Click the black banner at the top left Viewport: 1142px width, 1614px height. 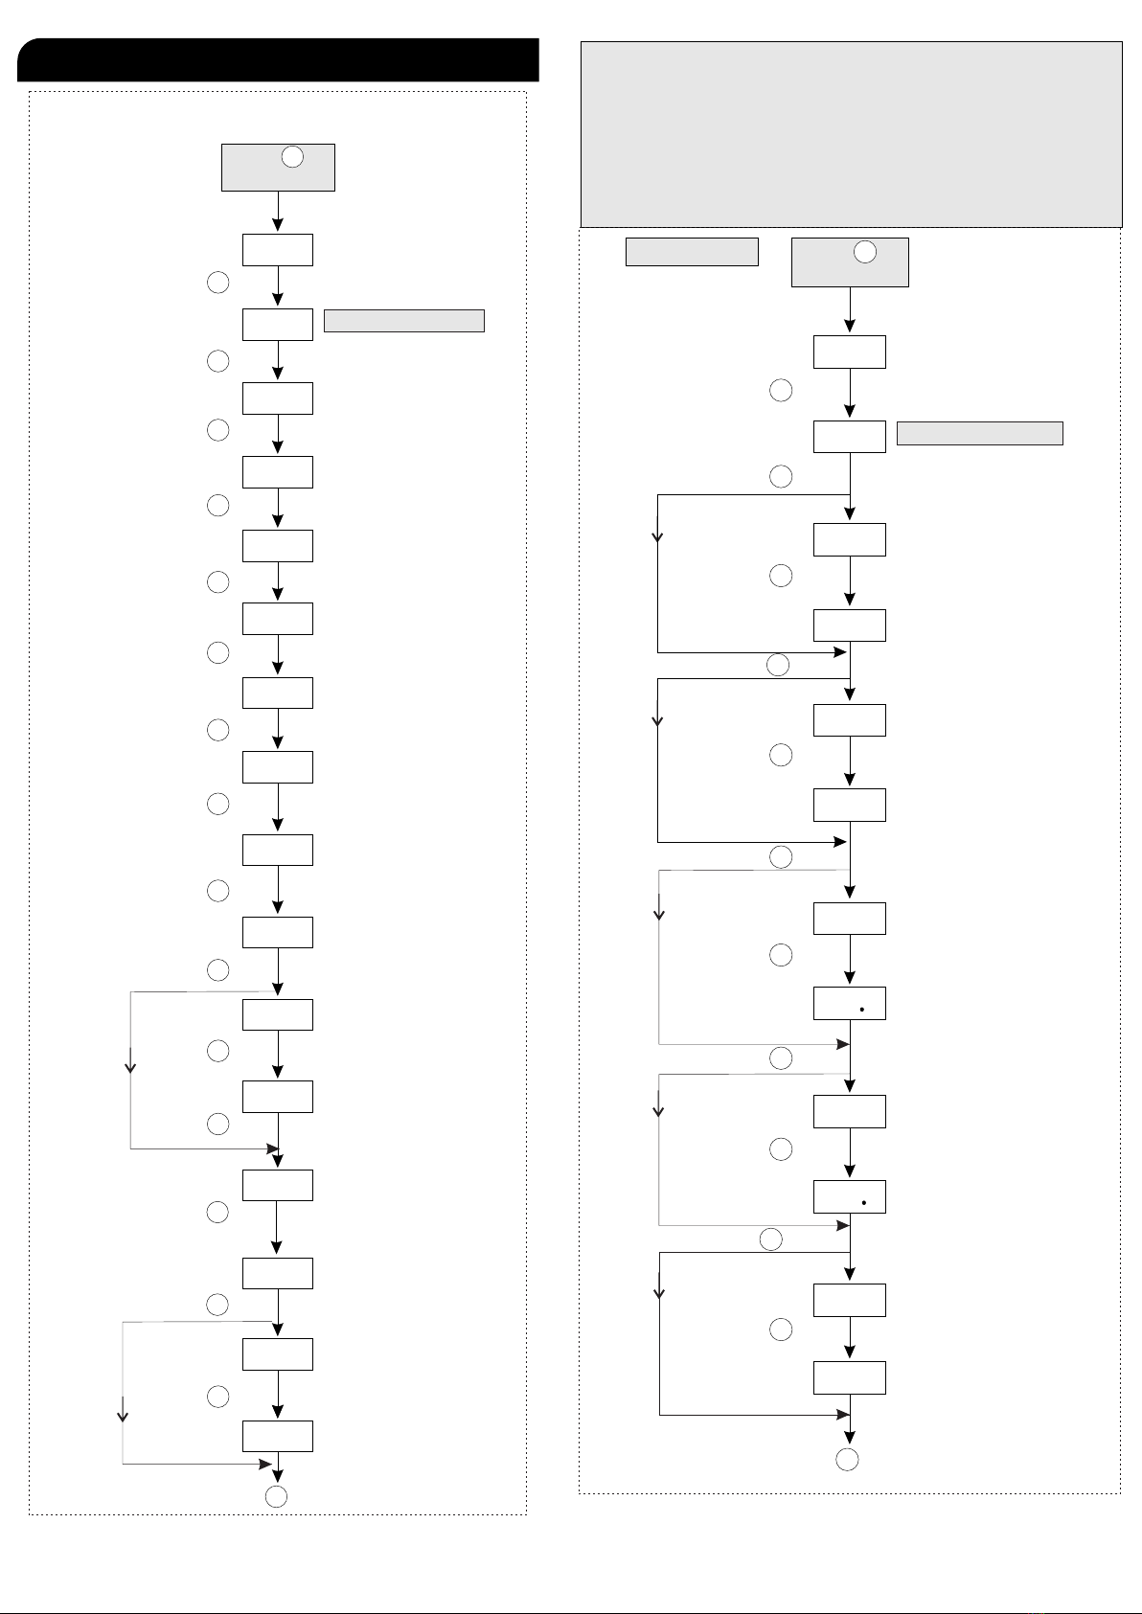point(278,60)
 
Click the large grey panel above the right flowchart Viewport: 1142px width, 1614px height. point(851,134)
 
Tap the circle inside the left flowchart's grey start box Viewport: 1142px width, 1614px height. point(293,157)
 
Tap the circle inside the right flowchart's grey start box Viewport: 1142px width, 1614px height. point(864,252)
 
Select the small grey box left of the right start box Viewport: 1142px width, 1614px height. point(692,252)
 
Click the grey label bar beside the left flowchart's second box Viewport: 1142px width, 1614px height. point(403,321)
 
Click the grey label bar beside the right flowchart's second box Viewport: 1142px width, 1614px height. point(979,433)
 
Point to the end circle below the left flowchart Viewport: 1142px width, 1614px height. point(276,1497)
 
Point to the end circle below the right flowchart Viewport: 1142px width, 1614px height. point(847,1460)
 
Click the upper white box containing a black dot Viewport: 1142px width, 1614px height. point(849,1003)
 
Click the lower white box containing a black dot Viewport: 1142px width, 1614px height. point(849,1197)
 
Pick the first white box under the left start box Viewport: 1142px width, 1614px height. point(278,250)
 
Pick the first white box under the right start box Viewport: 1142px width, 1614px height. point(849,352)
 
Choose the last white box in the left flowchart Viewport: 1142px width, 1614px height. point(278,1436)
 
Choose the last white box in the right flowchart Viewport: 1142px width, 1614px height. point(849,1377)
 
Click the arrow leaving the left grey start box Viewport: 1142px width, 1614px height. point(278,212)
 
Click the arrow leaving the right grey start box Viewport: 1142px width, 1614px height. point(850,310)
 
